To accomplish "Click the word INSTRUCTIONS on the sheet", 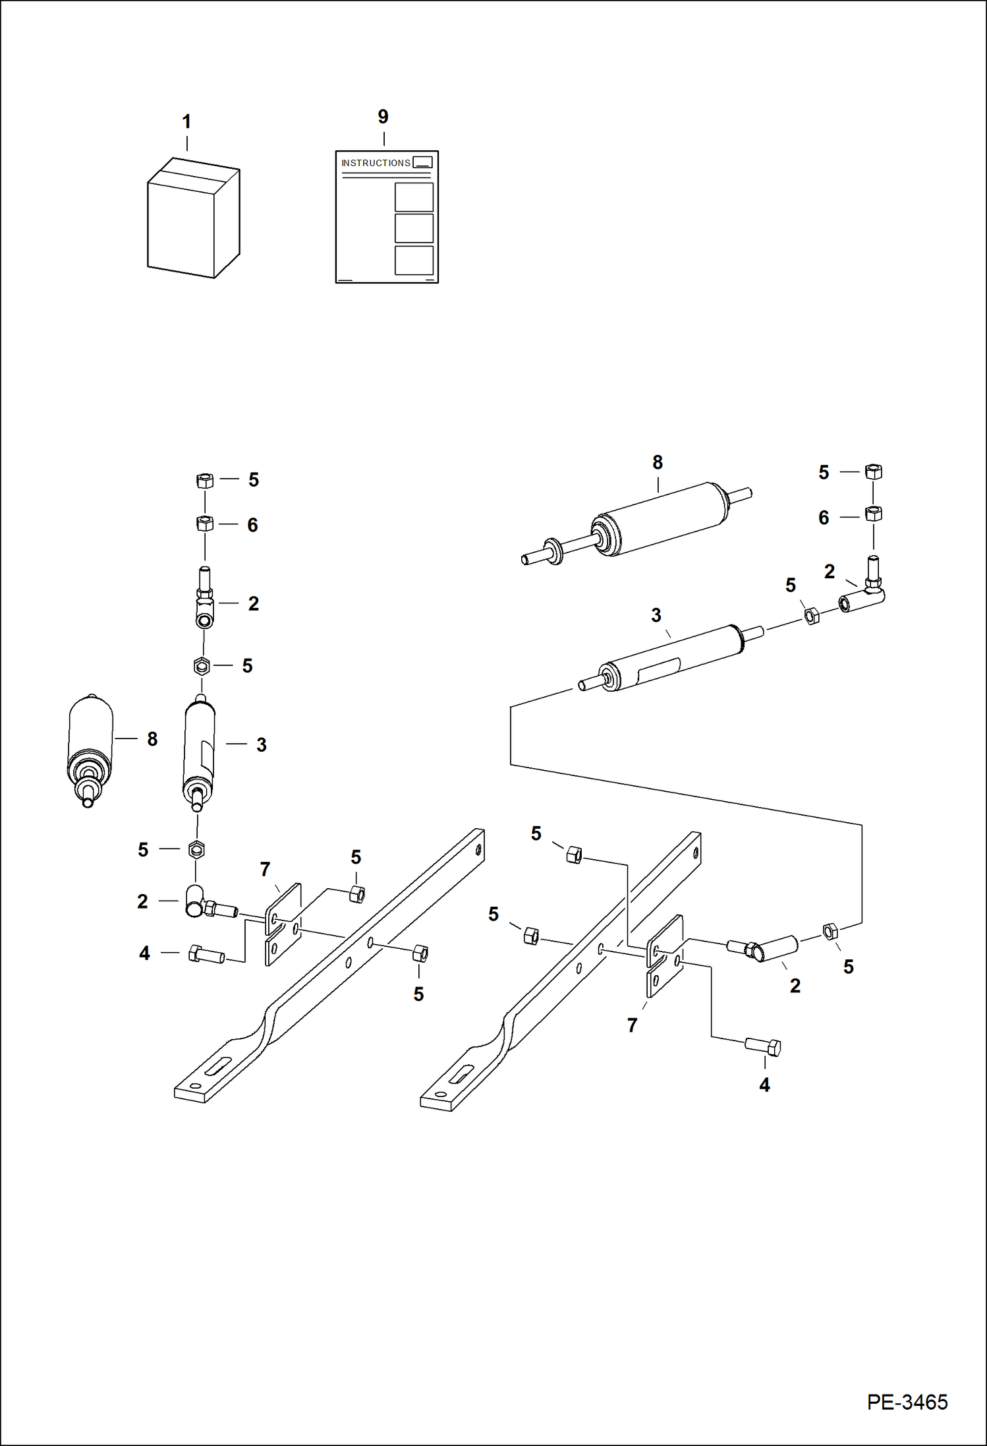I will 376,163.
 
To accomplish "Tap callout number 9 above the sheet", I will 383,117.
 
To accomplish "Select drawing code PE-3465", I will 907,1402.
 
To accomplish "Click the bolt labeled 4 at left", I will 206,955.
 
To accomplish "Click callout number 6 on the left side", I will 252,526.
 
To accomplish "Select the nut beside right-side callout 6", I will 873,514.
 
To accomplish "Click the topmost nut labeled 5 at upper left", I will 205,481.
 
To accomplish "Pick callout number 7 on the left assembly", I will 265,870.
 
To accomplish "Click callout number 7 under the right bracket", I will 633,1025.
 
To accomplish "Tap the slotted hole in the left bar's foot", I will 217,1066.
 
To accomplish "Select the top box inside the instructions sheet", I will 414,196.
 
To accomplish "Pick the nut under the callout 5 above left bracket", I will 356,894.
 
